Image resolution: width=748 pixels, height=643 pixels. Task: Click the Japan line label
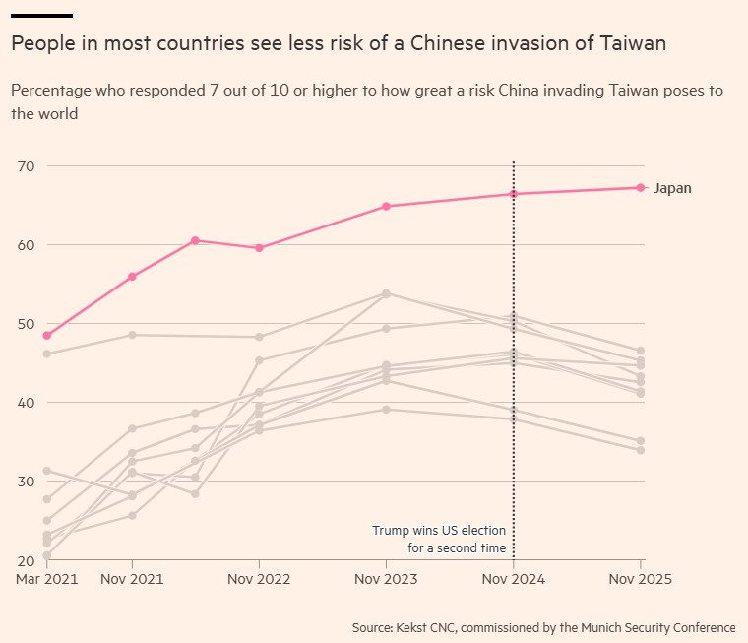coord(672,188)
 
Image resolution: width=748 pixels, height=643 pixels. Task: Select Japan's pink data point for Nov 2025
coord(641,187)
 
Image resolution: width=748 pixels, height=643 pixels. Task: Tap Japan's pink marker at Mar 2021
coord(47,336)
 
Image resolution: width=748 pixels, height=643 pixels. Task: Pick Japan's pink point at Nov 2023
coord(387,206)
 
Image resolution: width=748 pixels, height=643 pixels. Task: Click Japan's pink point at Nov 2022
coord(259,248)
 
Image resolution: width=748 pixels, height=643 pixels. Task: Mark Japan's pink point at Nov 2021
coord(132,277)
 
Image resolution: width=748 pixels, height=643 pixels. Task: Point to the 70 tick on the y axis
coord(26,166)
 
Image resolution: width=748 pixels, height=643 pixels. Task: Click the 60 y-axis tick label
coord(26,245)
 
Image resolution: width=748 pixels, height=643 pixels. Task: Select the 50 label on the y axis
coord(26,324)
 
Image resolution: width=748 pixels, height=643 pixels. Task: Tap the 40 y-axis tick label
coord(26,403)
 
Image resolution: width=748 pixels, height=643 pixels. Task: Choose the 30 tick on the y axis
coord(26,482)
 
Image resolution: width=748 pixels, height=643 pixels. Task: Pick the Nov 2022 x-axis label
coord(259,580)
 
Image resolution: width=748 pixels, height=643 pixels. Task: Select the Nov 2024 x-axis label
coord(514,580)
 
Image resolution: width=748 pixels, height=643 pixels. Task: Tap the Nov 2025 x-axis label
coord(641,580)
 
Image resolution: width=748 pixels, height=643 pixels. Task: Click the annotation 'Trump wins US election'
coord(439,531)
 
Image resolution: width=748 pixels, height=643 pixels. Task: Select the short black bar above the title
coord(42,16)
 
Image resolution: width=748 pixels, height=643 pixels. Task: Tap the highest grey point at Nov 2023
coord(387,293)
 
